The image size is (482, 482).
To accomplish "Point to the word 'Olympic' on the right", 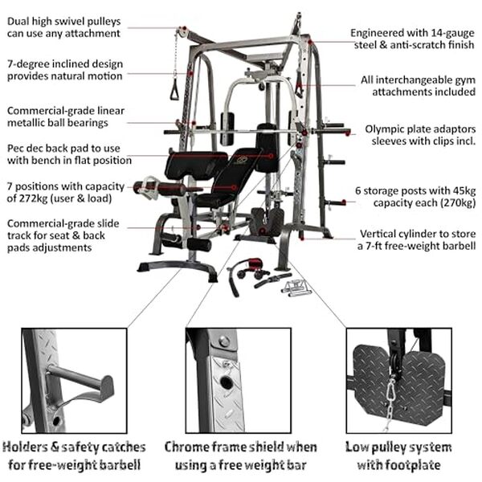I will [x=387, y=128].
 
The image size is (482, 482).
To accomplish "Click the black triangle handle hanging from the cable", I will [x=174, y=91].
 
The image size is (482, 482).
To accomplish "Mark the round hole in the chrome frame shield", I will [x=227, y=384].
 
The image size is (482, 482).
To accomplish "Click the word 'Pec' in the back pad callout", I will [x=15, y=149].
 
